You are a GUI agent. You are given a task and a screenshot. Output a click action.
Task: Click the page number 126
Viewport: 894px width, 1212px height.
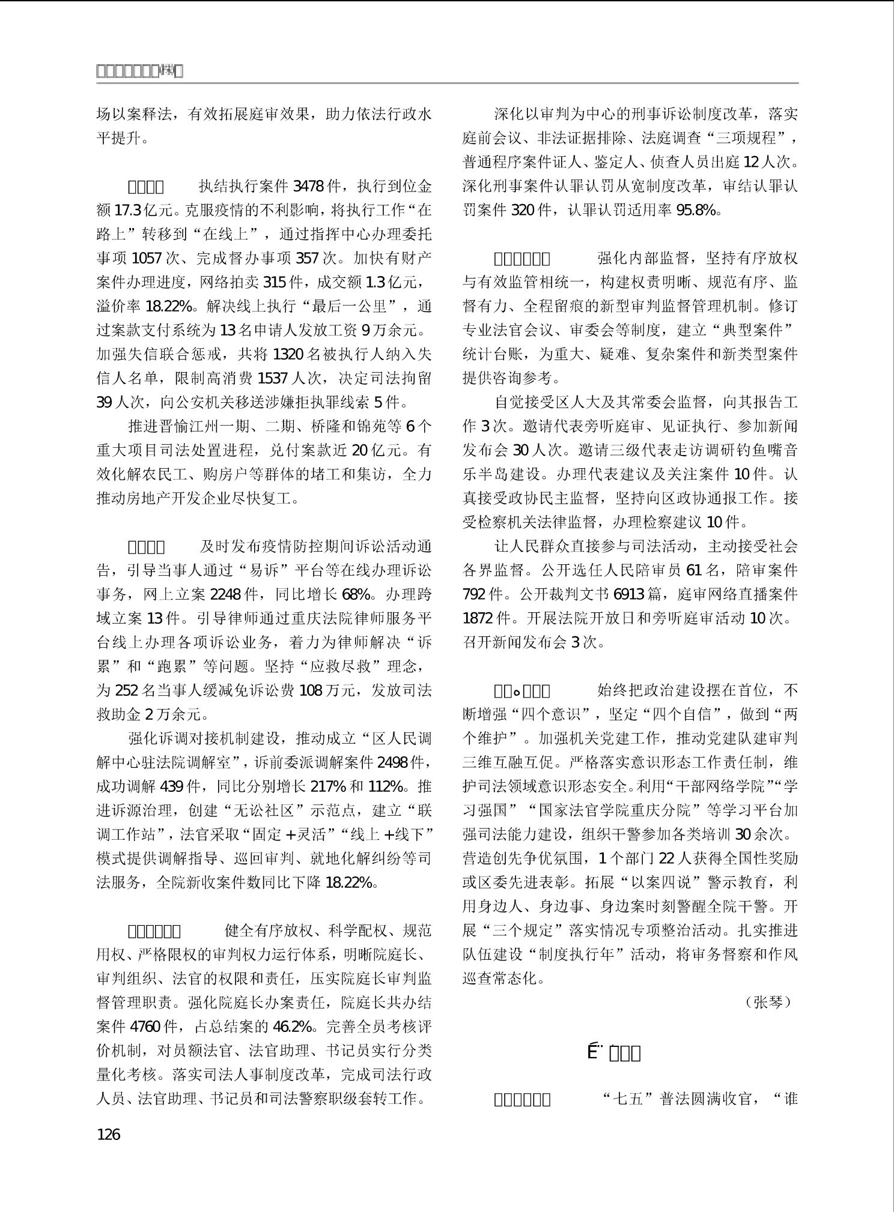[108, 1134]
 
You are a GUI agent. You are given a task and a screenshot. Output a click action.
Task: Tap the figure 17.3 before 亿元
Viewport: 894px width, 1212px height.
[128, 210]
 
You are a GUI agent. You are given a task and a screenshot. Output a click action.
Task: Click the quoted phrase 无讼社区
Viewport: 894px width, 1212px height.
[265, 810]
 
